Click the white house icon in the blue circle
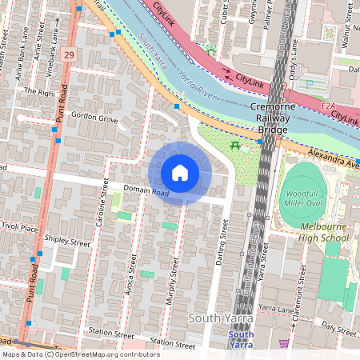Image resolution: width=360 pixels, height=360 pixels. (180, 173)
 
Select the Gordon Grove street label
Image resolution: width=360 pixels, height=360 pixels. (95, 119)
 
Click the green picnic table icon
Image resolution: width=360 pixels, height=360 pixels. (235, 146)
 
